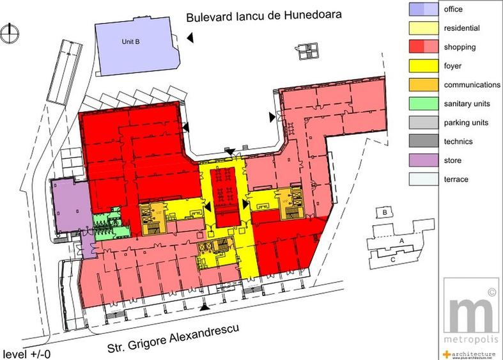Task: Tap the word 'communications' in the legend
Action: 472,85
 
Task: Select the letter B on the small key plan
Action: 385,212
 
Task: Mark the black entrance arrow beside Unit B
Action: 190,40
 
